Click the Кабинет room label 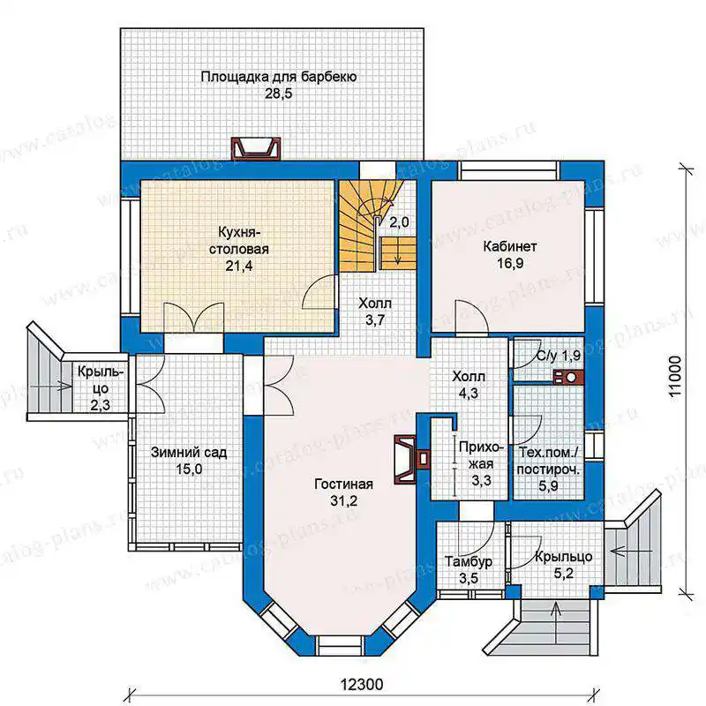510,247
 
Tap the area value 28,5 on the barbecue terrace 279,94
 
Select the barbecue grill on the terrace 255,148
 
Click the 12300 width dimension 362,685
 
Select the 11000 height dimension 674,376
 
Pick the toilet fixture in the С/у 568,378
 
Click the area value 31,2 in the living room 343,500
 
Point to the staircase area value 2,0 399,222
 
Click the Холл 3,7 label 375,312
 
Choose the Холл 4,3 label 469,385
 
